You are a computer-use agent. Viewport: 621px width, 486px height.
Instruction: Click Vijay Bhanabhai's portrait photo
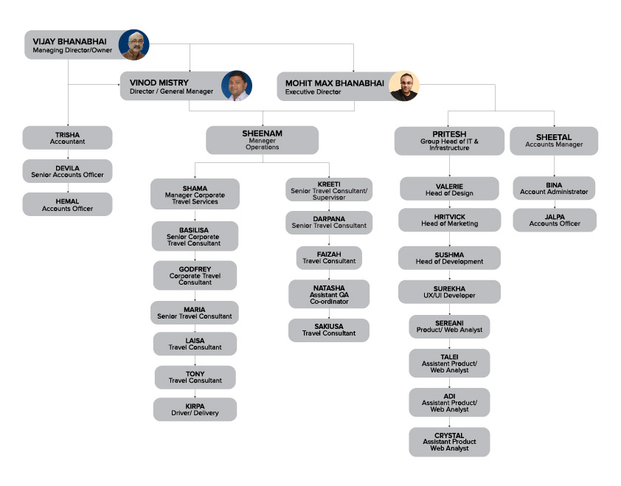click(x=134, y=45)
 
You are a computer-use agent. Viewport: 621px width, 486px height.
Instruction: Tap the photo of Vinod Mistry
click(x=237, y=86)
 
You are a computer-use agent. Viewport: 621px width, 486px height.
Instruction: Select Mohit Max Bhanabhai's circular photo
click(x=404, y=86)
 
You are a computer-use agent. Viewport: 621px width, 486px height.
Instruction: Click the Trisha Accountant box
click(x=67, y=138)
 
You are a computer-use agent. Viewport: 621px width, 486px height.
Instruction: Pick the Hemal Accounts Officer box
click(x=67, y=204)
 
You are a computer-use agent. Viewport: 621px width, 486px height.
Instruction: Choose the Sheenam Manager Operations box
click(x=262, y=140)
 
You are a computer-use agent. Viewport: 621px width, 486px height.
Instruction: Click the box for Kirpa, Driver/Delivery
click(x=195, y=409)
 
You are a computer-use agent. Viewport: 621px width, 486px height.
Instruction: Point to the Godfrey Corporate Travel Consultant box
click(x=195, y=275)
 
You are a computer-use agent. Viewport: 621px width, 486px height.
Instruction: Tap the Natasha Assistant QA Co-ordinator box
click(x=329, y=294)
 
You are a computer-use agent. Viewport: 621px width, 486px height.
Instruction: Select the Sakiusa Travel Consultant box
click(x=329, y=330)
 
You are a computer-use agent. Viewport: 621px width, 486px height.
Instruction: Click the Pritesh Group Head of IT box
click(x=449, y=141)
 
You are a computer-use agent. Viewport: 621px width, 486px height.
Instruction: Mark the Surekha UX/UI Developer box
click(x=449, y=292)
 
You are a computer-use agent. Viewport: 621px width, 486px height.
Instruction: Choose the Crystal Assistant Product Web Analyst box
click(x=449, y=442)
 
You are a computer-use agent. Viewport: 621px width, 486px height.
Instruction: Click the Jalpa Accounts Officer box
click(x=555, y=221)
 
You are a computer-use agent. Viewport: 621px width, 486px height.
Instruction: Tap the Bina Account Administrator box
click(x=554, y=188)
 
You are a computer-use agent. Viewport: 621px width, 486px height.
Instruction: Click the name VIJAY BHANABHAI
click(x=70, y=41)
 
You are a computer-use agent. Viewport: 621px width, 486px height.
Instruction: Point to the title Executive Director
click(x=313, y=92)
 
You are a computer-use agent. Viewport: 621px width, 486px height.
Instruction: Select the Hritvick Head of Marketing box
click(x=449, y=220)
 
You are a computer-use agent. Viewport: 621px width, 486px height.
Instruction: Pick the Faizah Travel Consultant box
click(x=329, y=258)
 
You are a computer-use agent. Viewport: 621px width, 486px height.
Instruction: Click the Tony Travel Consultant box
click(x=195, y=377)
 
